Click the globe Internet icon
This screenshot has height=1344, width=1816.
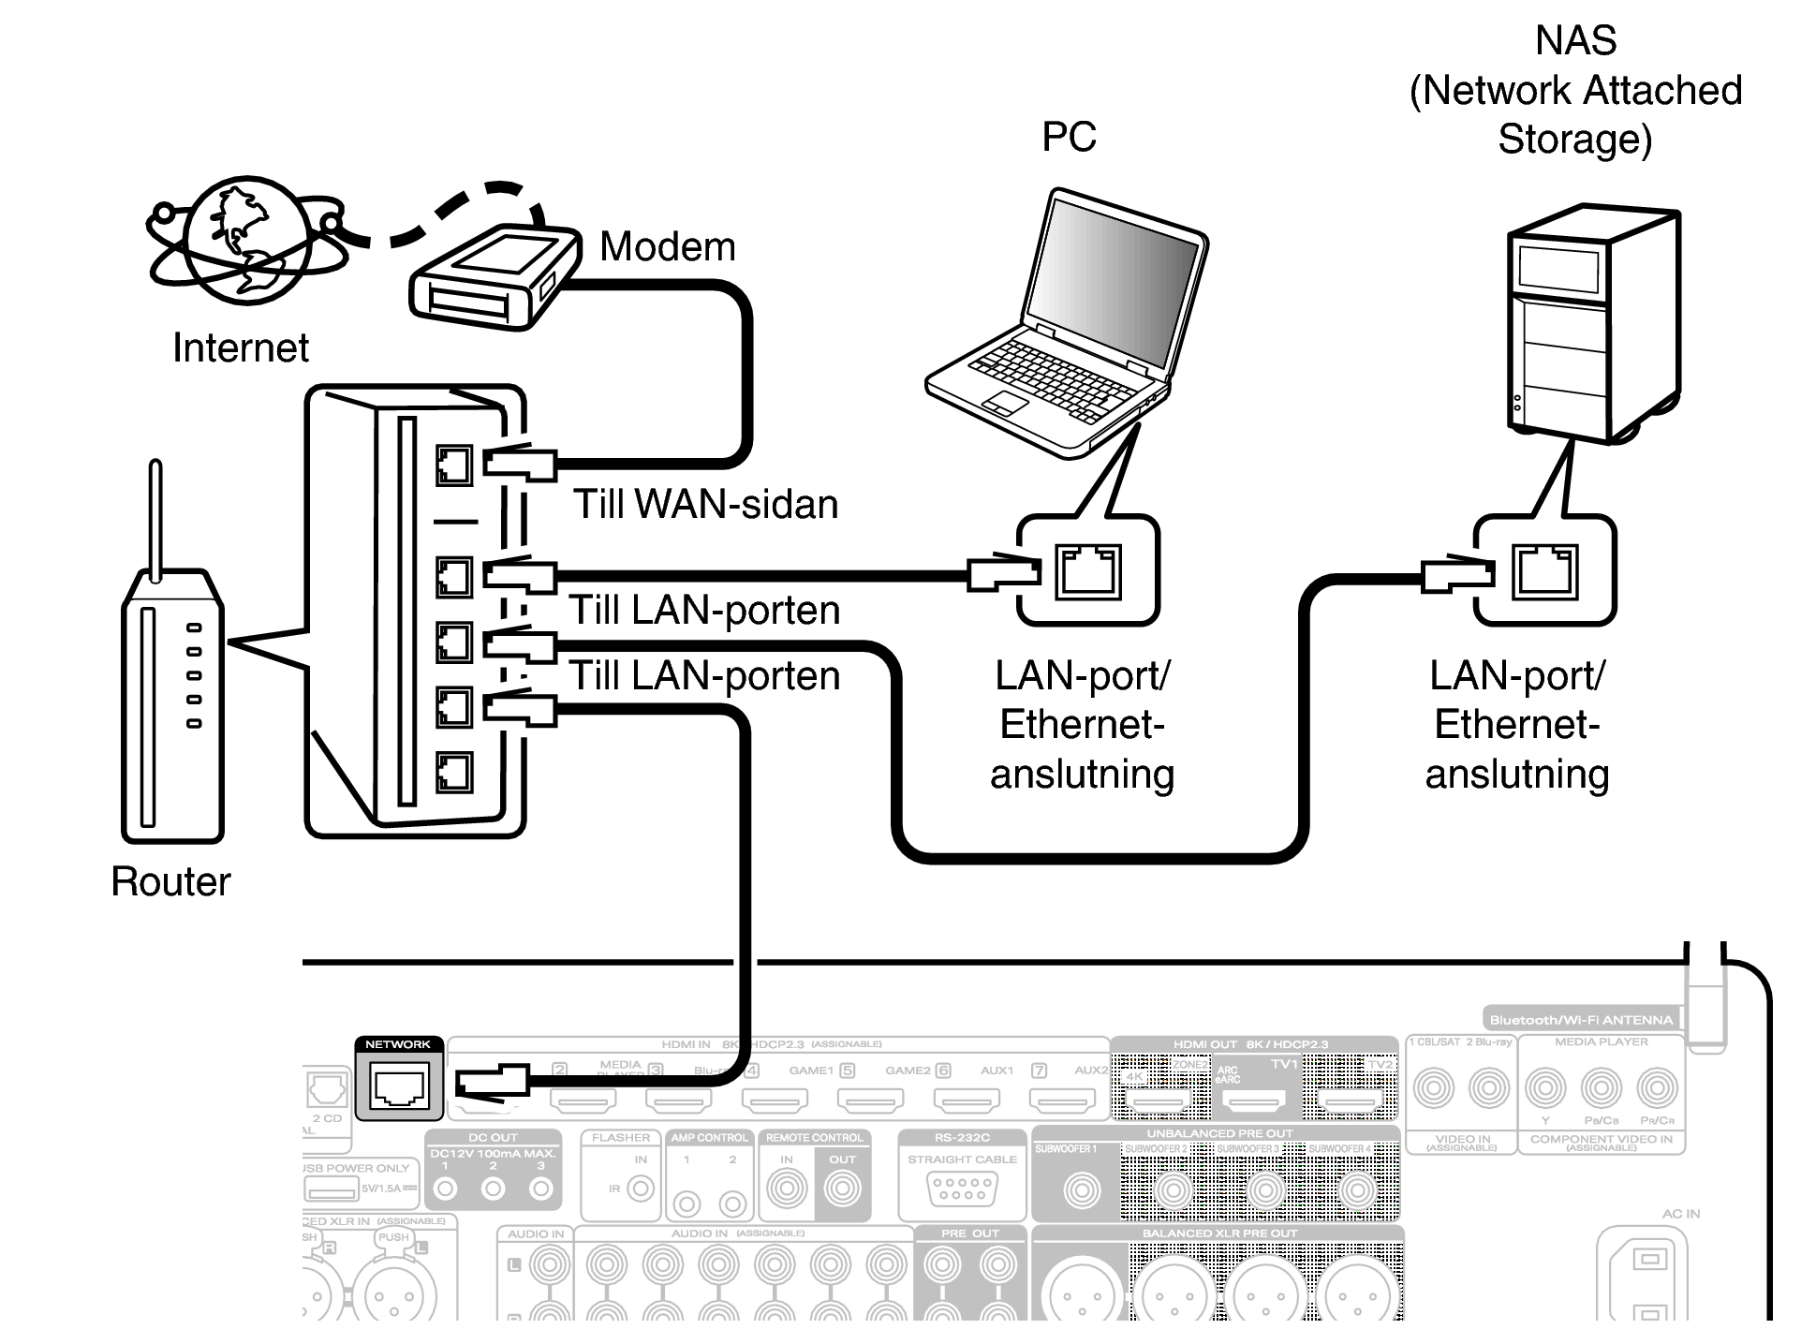pos(245,240)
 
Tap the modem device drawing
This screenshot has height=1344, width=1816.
pos(492,277)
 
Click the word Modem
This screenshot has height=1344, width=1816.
pos(667,247)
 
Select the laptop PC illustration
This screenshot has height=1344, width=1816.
pos(1068,328)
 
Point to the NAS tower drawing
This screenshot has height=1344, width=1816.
pos(1592,323)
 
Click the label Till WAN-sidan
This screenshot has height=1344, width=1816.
pos(705,505)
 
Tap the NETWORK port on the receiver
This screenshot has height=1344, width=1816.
pos(399,1086)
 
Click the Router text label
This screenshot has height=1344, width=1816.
pos(170,881)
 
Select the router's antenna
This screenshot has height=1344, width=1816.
pos(155,515)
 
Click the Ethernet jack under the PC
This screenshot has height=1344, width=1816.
pos(1087,571)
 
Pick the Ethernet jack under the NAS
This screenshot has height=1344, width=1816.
pos(1544,571)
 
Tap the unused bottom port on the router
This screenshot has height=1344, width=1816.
pos(454,773)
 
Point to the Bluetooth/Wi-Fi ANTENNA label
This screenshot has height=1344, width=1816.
pos(1580,1020)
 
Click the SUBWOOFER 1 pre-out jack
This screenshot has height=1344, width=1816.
pos(1082,1190)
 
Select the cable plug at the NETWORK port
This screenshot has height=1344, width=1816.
pos(492,1082)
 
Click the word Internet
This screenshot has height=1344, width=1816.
pos(240,348)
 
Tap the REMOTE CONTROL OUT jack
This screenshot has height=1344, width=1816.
pos(842,1189)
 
